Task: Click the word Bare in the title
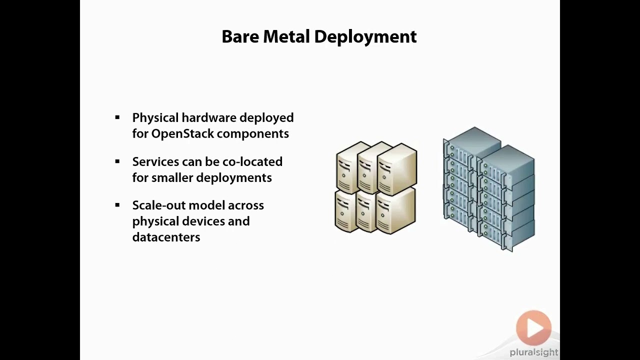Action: click(240, 37)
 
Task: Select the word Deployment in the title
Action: click(365, 37)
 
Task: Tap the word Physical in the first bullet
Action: click(155, 118)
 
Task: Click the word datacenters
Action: click(166, 237)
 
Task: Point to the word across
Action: click(245, 205)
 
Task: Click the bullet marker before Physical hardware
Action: click(117, 117)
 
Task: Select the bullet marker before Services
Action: click(117, 161)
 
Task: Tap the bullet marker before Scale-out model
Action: click(117, 205)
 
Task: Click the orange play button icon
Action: click(533, 328)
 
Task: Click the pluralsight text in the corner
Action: click(533, 352)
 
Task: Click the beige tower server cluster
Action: click(375, 187)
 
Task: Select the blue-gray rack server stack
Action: click(488, 189)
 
